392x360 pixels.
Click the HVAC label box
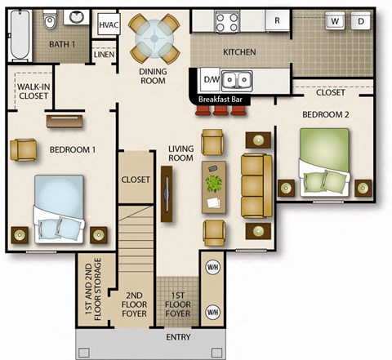[x=108, y=24]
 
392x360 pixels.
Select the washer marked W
[x=335, y=20]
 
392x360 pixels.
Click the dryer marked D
[x=361, y=20]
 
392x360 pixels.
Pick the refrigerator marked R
[x=278, y=20]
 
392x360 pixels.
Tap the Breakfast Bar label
[x=221, y=100]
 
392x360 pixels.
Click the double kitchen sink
[x=237, y=80]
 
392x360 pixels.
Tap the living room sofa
[x=256, y=184]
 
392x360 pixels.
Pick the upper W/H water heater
[x=213, y=267]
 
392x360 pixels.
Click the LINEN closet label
[x=104, y=55]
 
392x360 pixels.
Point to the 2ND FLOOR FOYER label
[x=135, y=304]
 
